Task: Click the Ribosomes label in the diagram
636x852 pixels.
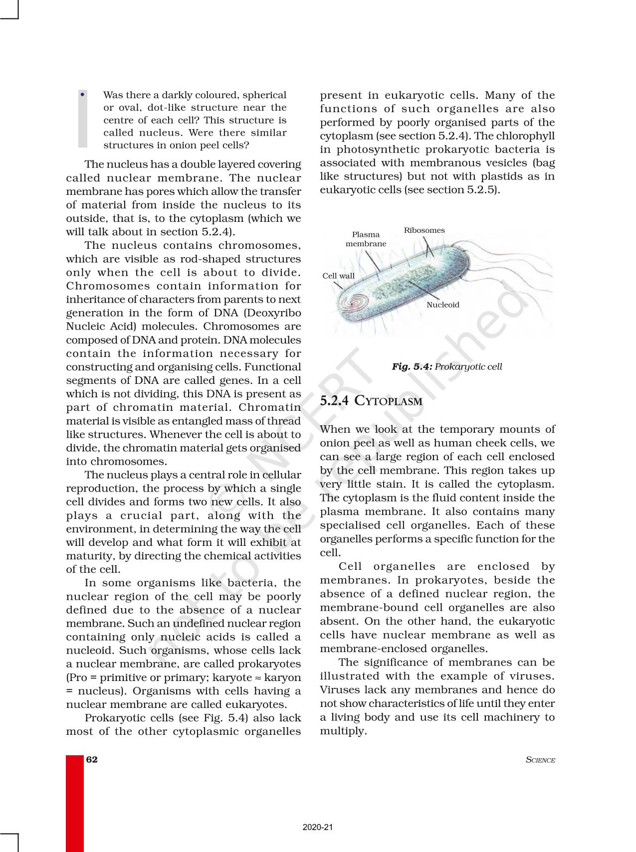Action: tap(424, 230)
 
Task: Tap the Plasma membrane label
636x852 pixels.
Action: tap(366, 239)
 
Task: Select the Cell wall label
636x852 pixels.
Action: tap(338, 276)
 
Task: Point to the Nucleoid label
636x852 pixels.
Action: tap(442, 305)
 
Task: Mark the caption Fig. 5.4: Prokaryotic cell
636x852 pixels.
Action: tap(446, 366)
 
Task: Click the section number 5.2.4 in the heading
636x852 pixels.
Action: tap(334, 401)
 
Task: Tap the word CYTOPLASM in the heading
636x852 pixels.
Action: tap(389, 401)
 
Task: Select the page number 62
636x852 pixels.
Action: tap(92, 759)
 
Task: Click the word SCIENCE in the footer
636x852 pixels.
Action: tap(540, 760)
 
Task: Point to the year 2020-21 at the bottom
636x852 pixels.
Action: tap(318, 827)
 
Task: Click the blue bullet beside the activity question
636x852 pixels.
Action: tap(82, 94)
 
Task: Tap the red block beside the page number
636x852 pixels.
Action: tap(75, 803)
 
